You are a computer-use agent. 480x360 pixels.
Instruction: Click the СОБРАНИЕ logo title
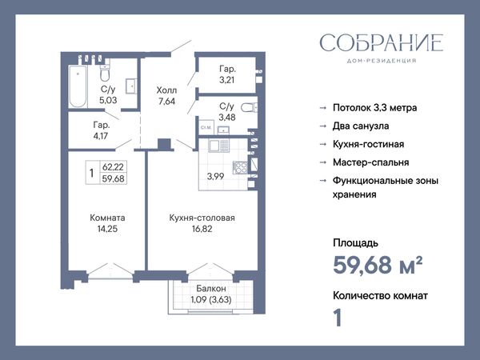pyautogui.click(x=381, y=43)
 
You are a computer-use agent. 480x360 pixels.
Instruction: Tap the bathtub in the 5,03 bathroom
pyautogui.click(x=78, y=86)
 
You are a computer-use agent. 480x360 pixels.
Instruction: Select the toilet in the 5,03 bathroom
pyautogui.click(x=105, y=73)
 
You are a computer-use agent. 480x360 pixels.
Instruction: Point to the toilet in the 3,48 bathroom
pyautogui.click(x=249, y=107)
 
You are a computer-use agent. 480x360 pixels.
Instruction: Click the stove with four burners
pyautogui.click(x=240, y=167)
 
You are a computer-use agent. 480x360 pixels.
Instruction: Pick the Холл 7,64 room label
pyautogui.click(x=166, y=95)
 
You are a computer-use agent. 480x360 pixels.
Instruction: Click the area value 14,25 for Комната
pyautogui.click(x=107, y=229)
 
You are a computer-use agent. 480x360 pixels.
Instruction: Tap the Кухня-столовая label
pyautogui.click(x=202, y=218)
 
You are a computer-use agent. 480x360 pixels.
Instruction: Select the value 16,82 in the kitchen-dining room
pyautogui.click(x=202, y=229)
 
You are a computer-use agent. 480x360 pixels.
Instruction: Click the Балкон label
pyautogui.click(x=211, y=288)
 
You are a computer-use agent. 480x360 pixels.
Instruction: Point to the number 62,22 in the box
pyautogui.click(x=113, y=167)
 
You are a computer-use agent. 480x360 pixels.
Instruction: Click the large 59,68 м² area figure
pyautogui.click(x=378, y=265)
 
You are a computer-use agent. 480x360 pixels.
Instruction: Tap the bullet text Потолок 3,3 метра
pyautogui.click(x=374, y=108)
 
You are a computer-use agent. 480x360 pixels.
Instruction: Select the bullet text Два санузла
pyautogui.click(x=361, y=126)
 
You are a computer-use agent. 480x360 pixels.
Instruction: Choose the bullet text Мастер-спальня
pyautogui.click(x=370, y=162)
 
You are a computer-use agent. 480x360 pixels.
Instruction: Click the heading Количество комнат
pyautogui.click(x=380, y=296)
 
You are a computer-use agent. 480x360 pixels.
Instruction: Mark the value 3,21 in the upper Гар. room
pyautogui.click(x=227, y=80)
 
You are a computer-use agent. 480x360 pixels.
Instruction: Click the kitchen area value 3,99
pyautogui.click(x=215, y=176)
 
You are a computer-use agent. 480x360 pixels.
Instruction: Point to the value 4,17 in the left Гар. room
pyautogui.click(x=101, y=136)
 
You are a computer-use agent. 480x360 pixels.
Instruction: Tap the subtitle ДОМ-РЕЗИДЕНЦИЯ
pyautogui.click(x=382, y=61)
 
